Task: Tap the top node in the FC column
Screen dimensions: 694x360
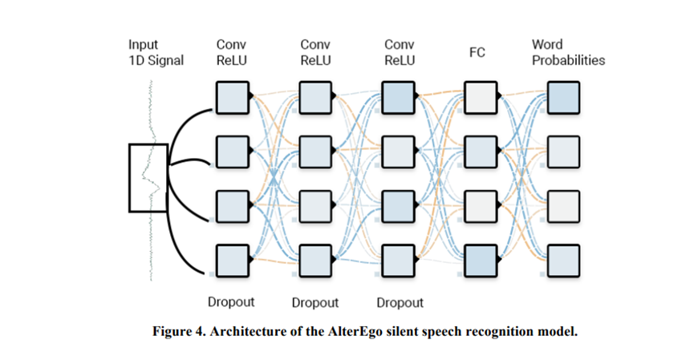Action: tap(481, 97)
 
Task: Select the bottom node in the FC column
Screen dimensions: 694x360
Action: tap(481, 261)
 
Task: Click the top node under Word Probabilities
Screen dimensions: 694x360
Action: tap(563, 97)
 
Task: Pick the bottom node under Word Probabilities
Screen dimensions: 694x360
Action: tap(563, 261)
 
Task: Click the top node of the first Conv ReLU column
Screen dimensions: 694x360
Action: tap(233, 97)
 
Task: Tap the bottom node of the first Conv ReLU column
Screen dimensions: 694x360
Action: tap(233, 261)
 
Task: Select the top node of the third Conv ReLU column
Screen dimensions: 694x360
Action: tap(398, 97)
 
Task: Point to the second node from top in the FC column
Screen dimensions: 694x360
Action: tap(481, 152)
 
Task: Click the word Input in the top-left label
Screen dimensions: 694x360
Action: tap(143, 45)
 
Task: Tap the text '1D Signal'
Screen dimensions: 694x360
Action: tap(156, 60)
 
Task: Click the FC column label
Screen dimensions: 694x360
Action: tap(477, 52)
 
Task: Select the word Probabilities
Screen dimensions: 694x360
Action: tap(568, 60)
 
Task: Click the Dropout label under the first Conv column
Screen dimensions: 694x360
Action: tap(231, 301)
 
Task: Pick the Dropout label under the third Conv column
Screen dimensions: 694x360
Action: tap(400, 302)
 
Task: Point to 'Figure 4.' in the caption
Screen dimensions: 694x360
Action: tap(179, 331)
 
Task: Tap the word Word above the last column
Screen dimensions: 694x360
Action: tap(547, 44)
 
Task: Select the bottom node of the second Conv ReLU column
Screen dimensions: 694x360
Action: tap(315, 261)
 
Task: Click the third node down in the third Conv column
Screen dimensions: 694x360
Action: tap(398, 207)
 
